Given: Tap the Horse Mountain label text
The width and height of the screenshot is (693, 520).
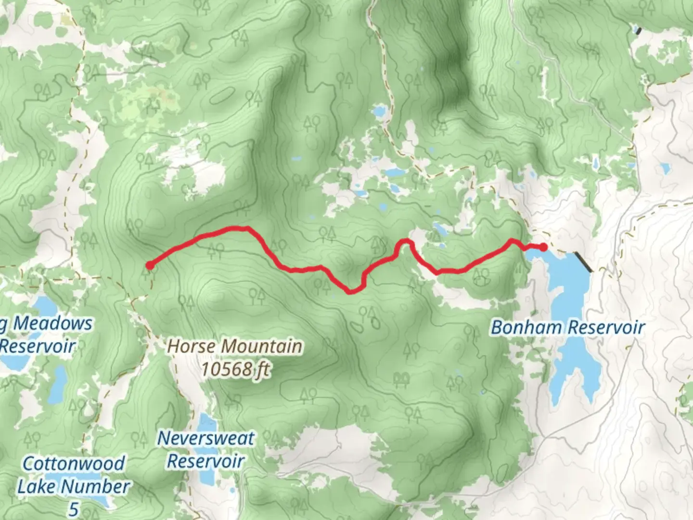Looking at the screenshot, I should point(235,346).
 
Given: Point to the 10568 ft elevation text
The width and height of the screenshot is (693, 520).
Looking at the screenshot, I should point(235,370).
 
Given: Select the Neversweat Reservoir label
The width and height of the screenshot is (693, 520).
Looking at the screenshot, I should point(206,449).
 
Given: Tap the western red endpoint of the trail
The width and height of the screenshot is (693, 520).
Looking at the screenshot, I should point(150,265).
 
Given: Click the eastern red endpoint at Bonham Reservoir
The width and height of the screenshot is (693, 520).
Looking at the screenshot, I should point(543,247).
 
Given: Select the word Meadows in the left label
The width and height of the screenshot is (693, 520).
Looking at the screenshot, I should point(52,324).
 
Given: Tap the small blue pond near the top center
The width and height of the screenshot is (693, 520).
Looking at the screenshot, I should point(380,112).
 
